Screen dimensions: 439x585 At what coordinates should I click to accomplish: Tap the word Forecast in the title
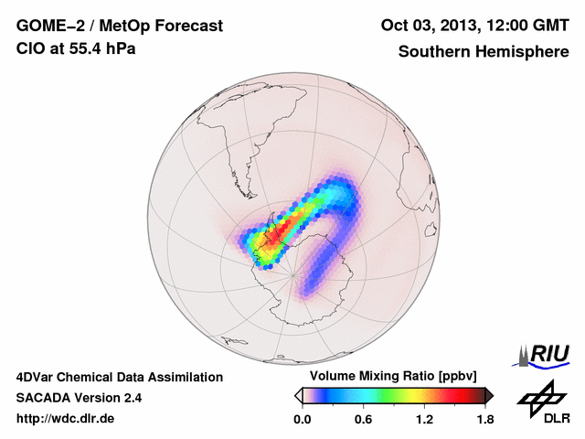189,27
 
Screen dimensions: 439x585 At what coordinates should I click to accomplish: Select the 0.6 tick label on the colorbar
364,420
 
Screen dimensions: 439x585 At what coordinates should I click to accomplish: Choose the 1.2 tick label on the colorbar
424,420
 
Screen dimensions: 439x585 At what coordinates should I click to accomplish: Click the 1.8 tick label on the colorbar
484,420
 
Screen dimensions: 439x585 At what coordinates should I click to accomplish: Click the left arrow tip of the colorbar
298,395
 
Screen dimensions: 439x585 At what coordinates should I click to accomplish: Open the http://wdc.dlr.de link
66,420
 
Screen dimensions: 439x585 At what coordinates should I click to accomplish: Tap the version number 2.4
131,398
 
